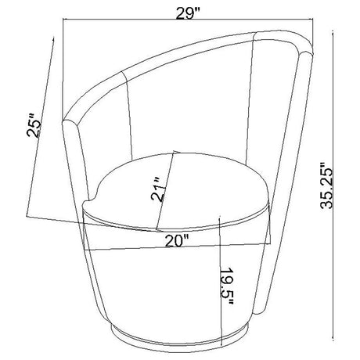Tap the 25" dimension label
coord(34,125)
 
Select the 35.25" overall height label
coord(326,185)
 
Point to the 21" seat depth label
coord(158,189)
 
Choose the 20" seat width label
coord(177,241)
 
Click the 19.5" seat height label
coord(226,286)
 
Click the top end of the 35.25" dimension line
coord(333,32)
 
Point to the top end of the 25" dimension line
coord(54,38)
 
